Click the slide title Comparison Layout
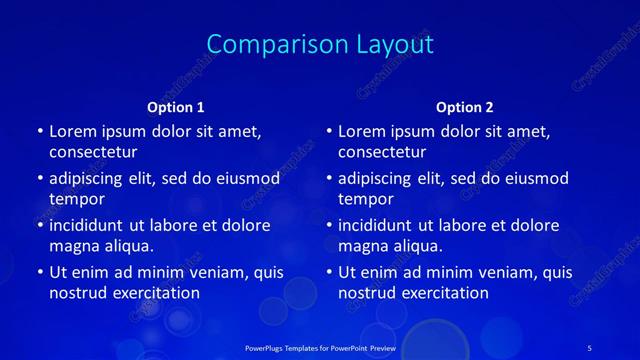pyautogui.click(x=320, y=45)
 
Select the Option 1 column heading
pyautogui.click(x=176, y=106)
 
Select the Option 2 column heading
pyautogui.click(x=465, y=106)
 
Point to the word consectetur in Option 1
pyautogui.click(x=92, y=152)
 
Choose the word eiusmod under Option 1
pyautogui.click(x=248, y=178)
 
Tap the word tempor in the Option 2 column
pyautogui.click(x=362, y=199)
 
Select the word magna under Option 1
pyautogui.click(x=72, y=246)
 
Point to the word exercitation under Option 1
pyautogui.click(x=155, y=293)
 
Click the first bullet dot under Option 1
pyautogui.click(x=39, y=132)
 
